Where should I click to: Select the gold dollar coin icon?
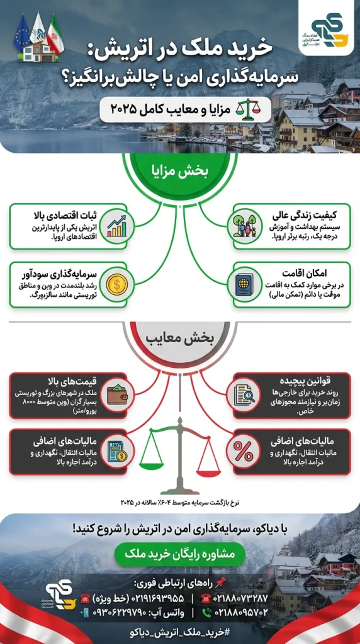117,283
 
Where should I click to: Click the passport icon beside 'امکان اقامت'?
244,284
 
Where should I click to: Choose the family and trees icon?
244,225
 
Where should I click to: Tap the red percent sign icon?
243,451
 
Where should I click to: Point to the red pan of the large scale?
208,464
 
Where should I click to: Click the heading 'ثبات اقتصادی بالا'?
68,217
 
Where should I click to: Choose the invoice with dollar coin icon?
117,451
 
